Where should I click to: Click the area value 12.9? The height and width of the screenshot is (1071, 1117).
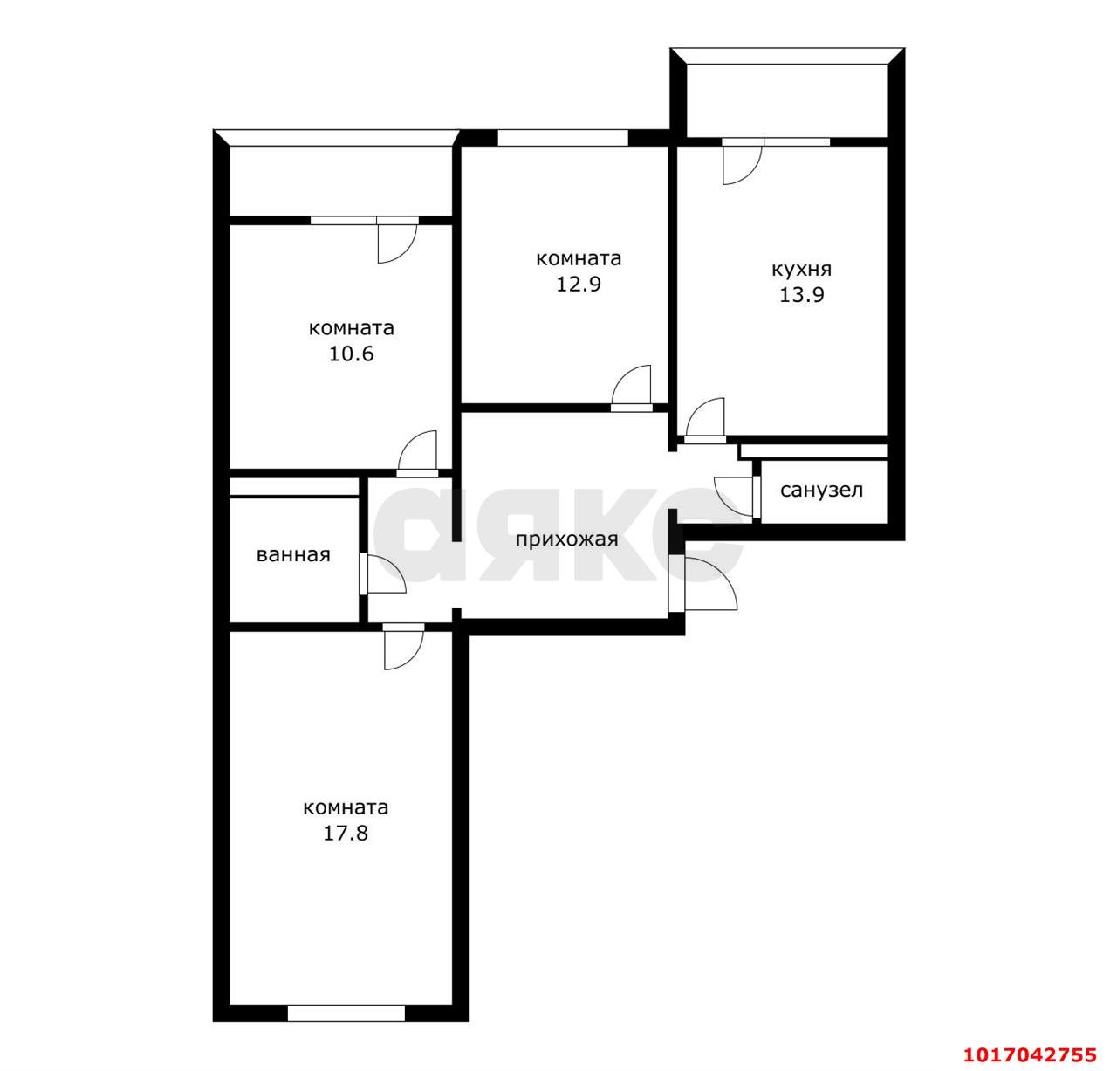(578, 285)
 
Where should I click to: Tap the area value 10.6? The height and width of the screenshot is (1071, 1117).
(352, 354)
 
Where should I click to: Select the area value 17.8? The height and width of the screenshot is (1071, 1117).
(346, 834)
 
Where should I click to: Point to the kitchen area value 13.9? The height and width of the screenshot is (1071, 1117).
(801, 295)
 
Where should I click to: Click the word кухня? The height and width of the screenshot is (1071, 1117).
(802, 270)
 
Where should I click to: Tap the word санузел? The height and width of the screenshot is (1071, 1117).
(821, 491)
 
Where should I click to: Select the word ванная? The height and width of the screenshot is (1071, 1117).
(293, 555)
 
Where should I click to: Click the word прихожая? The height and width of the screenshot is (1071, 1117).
(566, 539)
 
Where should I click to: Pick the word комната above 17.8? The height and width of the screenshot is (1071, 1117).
(346, 808)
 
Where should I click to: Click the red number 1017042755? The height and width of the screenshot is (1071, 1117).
(1031, 1055)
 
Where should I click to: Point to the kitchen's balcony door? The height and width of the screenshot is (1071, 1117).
(742, 165)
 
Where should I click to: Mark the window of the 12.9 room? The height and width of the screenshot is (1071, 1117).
(563, 138)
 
